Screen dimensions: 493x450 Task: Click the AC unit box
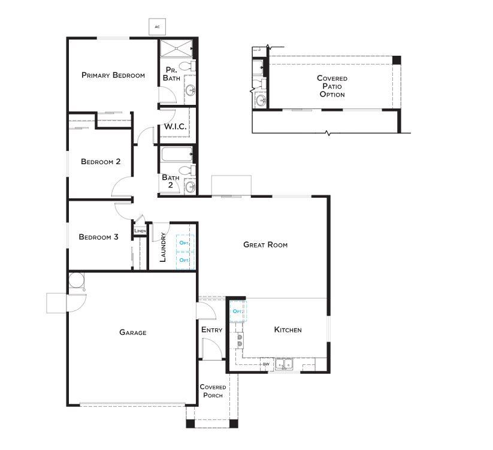tap(157, 27)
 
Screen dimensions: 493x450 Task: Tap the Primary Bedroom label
tap(113, 75)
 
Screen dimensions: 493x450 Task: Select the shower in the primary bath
tap(176, 48)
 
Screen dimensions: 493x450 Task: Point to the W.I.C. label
tap(176, 126)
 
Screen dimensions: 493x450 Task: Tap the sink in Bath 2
tap(190, 187)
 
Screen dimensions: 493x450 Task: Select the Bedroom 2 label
tap(101, 162)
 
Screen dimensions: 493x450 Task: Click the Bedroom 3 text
tap(98, 237)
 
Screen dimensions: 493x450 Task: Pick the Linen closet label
tap(140, 231)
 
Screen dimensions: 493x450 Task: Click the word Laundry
tap(163, 247)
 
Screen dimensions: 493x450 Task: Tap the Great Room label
tap(266, 244)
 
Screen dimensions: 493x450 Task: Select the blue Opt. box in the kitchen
tap(238, 312)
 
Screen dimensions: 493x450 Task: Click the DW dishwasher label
tap(267, 364)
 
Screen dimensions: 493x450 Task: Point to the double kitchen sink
tap(284, 364)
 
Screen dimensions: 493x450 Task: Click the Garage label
tap(133, 333)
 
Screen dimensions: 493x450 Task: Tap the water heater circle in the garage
tap(77, 280)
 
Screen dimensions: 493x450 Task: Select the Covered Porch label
tap(213, 391)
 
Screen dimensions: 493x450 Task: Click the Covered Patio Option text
tap(332, 86)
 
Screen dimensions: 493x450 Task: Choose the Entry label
tap(212, 330)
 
